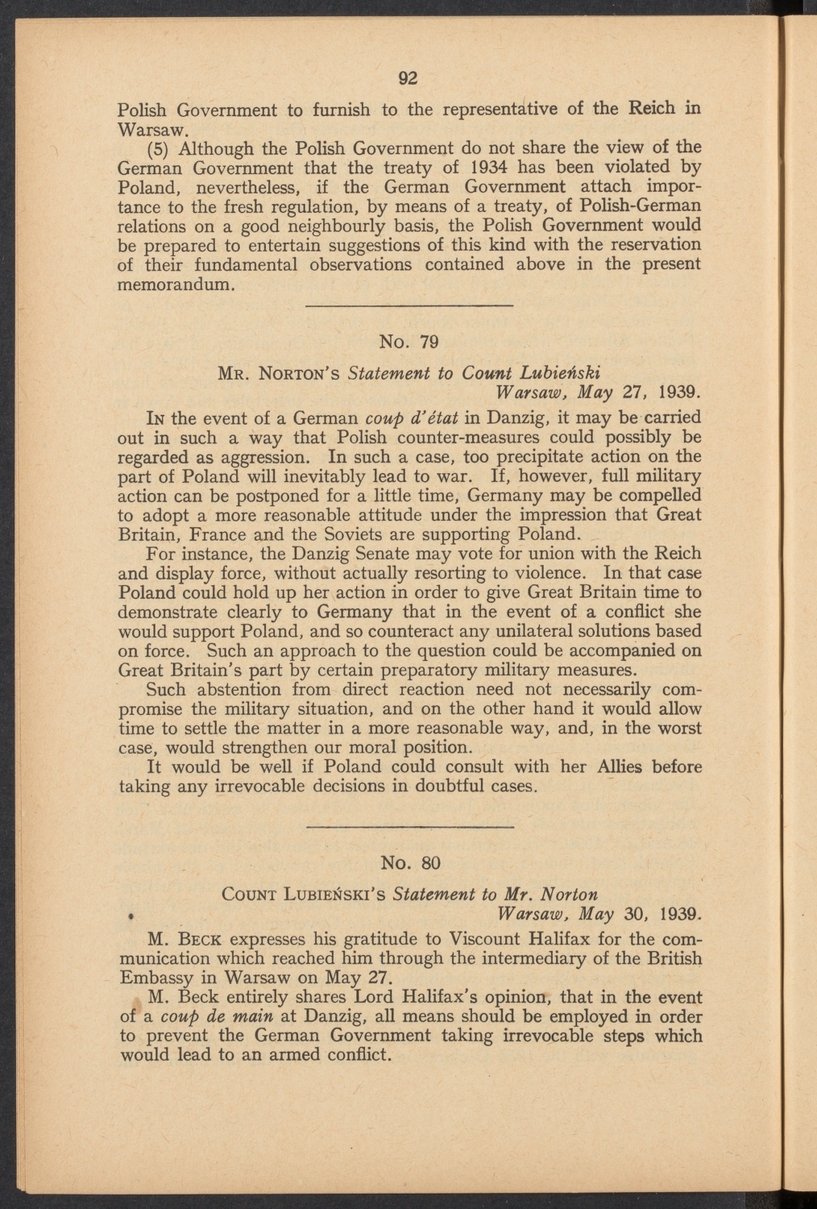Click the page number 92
click(409, 78)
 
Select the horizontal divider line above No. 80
click(410, 827)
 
